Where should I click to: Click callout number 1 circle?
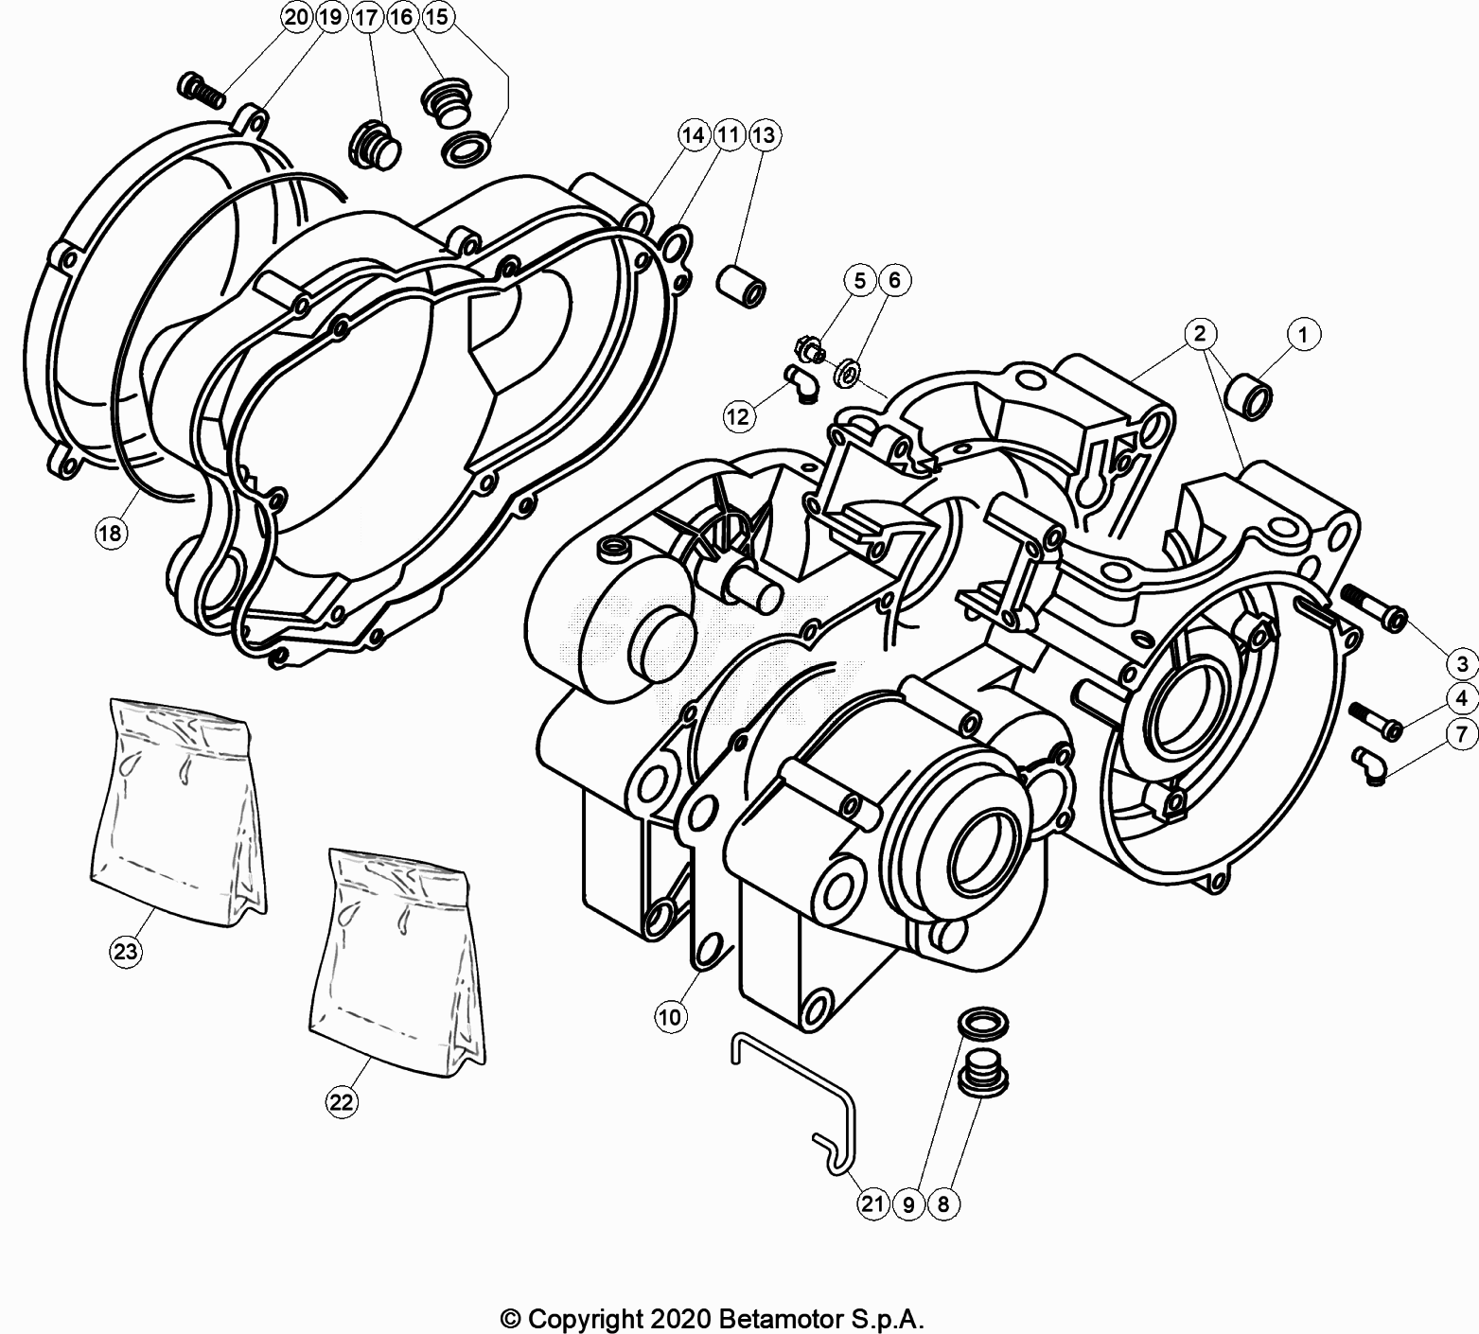click(1303, 334)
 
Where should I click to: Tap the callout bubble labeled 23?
click(126, 952)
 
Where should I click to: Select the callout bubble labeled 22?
click(342, 1101)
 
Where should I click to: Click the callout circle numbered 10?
click(669, 1017)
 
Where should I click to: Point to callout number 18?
click(111, 534)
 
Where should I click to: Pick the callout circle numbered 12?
click(738, 415)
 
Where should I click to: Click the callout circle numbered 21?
click(872, 1203)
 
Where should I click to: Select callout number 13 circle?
click(763, 135)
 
